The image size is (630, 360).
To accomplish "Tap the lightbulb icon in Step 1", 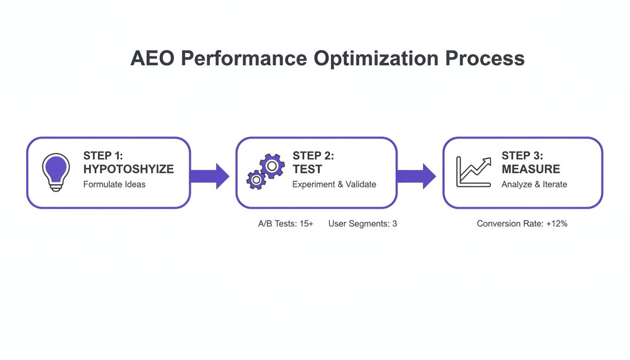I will pos(56,172).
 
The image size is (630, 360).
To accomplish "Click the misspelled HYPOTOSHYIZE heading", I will pos(128,169).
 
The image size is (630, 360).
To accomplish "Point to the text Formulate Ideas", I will pos(114,184).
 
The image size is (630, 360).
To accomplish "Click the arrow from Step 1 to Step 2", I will pos(210,176).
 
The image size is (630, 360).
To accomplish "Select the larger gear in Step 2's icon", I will pos(271,166).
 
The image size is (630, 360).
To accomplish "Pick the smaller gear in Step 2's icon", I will pos(256,180).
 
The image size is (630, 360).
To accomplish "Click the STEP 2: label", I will pos(313,156).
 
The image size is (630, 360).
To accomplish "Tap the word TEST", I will pos(307,169).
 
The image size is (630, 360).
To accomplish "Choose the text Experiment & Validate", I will pos(334,184).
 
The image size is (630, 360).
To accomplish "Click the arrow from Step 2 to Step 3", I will pos(416,176).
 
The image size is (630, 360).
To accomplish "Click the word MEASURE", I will pos(531,169).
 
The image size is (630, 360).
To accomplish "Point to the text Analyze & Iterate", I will pos(534,184).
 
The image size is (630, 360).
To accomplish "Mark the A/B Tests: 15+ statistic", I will pos(285,224).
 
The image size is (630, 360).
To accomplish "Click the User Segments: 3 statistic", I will pos(362,224).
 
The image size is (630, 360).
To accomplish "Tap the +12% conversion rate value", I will pos(557,224).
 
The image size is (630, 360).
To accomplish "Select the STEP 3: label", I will pos(522,156).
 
